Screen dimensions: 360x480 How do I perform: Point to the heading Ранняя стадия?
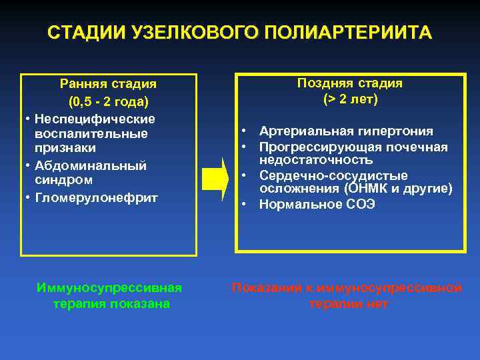point(108,84)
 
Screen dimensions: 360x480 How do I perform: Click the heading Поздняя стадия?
point(350,83)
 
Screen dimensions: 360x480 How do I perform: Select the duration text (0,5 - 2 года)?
point(108,103)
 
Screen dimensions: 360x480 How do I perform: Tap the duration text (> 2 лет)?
point(350,99)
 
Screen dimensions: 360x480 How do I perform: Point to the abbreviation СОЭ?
point(359,205)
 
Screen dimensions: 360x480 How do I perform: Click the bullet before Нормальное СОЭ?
point(245,205)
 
